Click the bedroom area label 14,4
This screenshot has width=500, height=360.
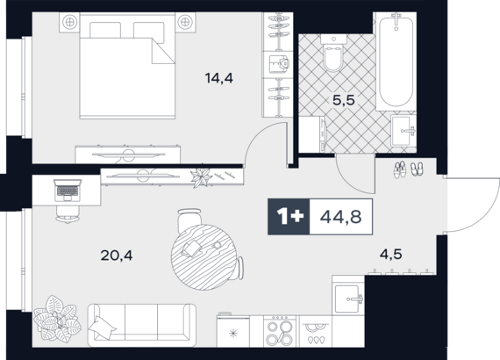219,78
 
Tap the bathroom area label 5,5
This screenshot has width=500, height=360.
344,100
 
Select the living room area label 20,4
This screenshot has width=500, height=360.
117,256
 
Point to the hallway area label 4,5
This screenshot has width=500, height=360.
390,255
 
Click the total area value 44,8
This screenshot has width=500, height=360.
340,217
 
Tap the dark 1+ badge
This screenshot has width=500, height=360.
289,217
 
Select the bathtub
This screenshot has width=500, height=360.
396,61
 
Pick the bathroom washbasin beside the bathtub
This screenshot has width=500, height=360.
404,131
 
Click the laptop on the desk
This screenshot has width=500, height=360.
68,191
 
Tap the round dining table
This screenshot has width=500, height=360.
204,257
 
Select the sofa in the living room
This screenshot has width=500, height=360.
142,325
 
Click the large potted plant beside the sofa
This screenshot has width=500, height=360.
57,319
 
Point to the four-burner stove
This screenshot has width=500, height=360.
280,331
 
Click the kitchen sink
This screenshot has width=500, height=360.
348,299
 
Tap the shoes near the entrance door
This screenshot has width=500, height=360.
408,169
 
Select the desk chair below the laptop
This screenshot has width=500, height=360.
68,214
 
